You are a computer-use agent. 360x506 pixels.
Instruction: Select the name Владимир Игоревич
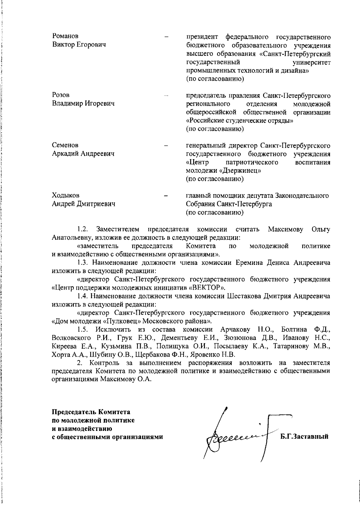pos(83,104)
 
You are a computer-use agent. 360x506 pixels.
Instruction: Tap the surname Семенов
pos(65,145)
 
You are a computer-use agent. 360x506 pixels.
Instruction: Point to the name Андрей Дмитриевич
pos(84,204)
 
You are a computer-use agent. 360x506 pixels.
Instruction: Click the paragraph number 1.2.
pos(82,229)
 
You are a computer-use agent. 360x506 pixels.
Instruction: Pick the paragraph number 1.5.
pos(82,329)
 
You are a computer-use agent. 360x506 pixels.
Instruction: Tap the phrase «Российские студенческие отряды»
pos(240,121)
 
